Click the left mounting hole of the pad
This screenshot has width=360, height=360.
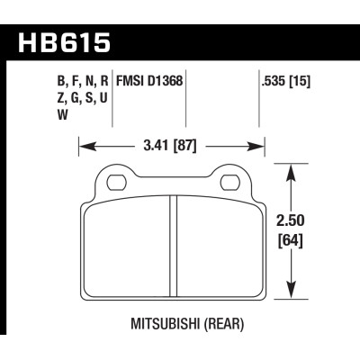115,183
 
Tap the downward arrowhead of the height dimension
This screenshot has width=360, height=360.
290,293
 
